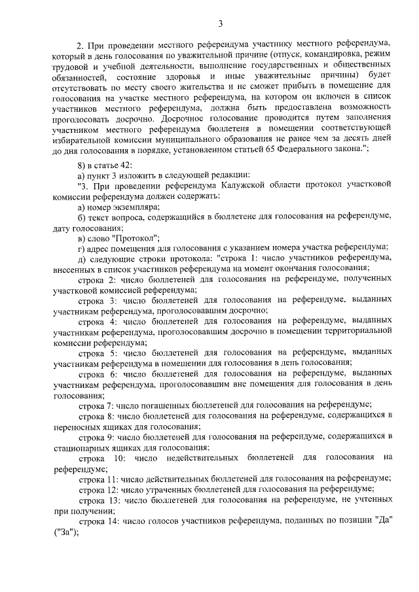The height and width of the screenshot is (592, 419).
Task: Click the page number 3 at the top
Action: click(221, 25)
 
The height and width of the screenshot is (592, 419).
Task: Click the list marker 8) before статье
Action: click(82, 164)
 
